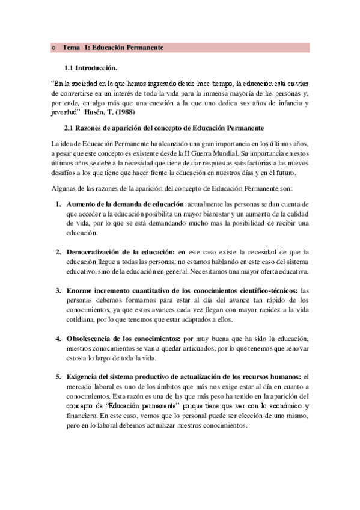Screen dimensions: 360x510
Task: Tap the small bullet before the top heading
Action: tap(54, 48)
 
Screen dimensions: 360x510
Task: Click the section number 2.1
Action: tap(69, 128)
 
